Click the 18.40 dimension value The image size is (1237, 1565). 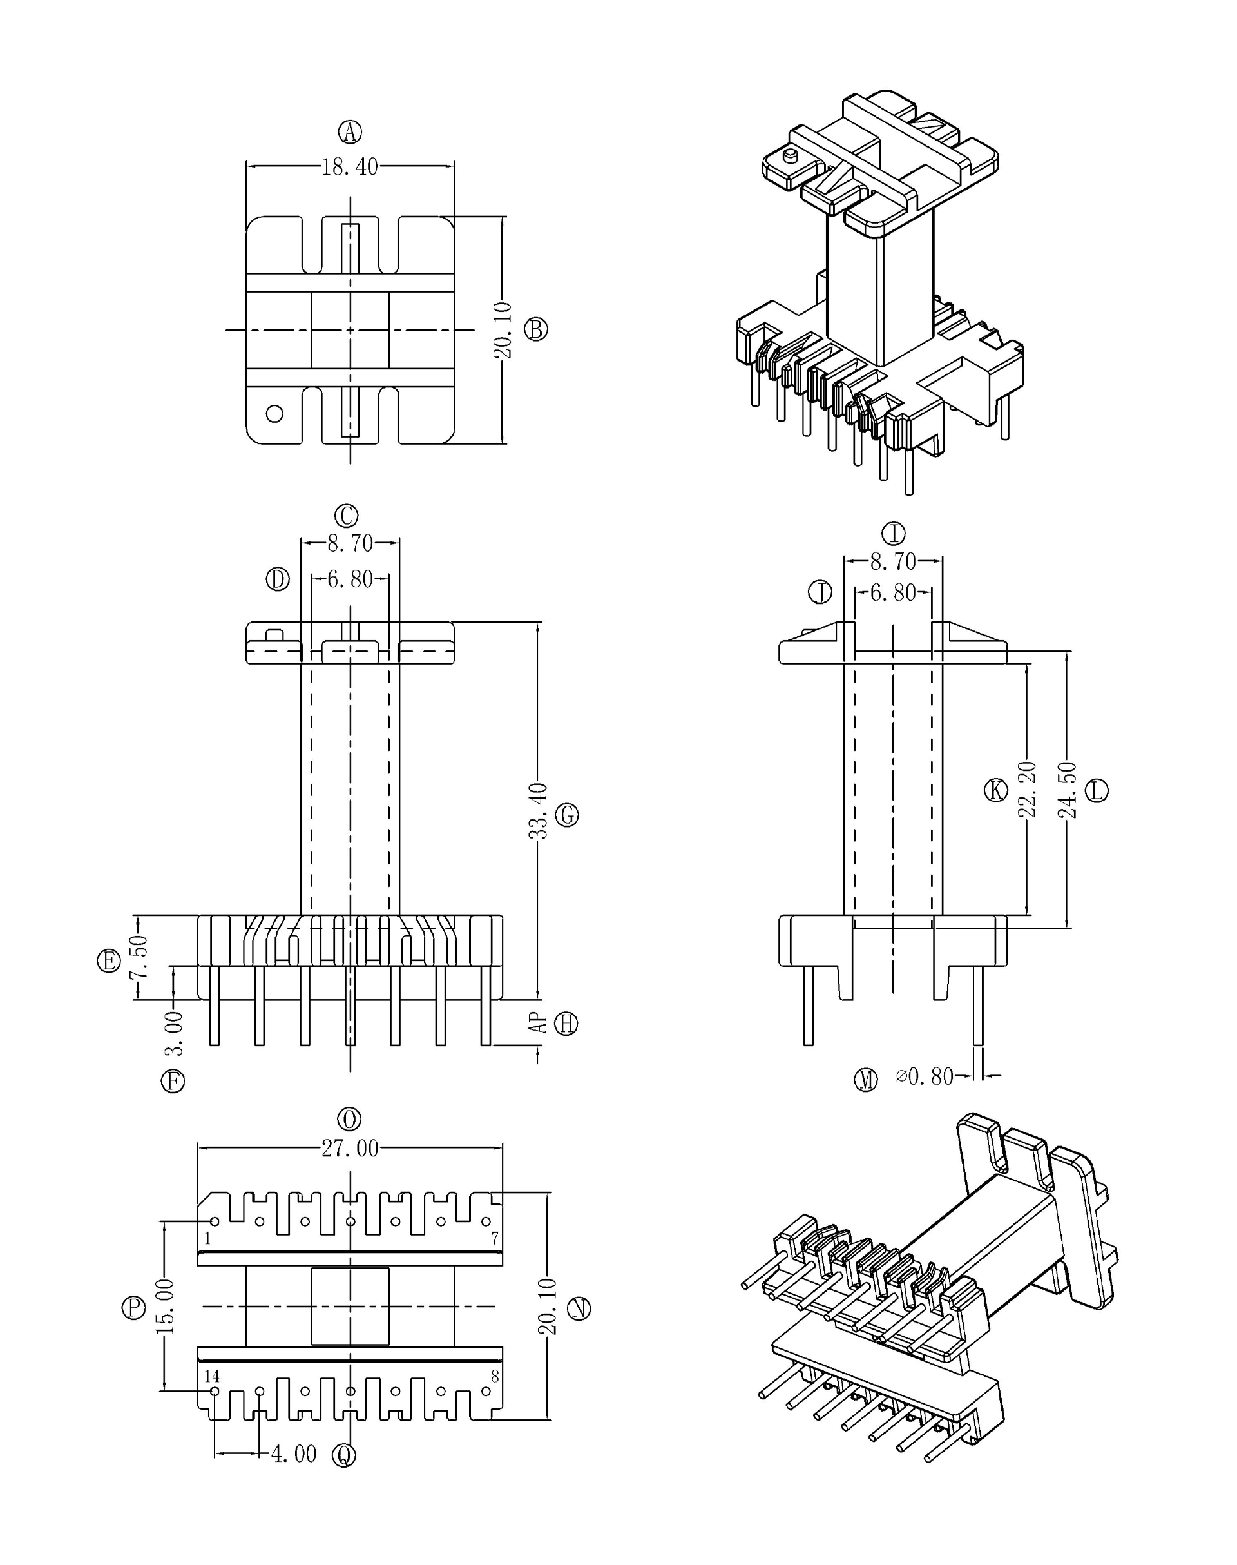pyautogui.click(x=350, y=167)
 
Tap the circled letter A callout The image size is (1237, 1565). pyautogui.click(x=350, y=132)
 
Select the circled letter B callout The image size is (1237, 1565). pyautogui.click(x=535, y=329)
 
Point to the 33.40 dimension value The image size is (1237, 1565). pyautogui.click(x=537, y=811)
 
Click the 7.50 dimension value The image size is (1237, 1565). pyautogui.click(x=139, y=957)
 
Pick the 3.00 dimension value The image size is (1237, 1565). pyautogui.click(x=174, y=1033)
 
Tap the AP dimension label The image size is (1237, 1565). pyautogui.click(x=537, y=1023)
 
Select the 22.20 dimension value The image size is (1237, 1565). pyautogui.click(x=1028, y=789)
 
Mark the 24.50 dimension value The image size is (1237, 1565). pyautogui.click(x=1068, y=789)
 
